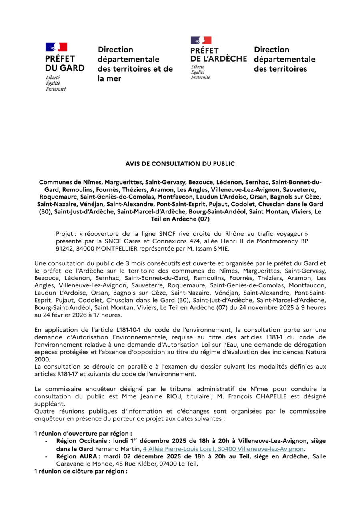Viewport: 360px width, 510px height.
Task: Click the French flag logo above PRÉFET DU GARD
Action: coord(56,47)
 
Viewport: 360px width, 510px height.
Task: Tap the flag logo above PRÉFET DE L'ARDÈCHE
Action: coord(201,40)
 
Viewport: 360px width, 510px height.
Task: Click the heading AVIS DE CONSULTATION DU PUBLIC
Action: coord(180,163)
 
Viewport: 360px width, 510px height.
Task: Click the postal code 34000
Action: coord(78,248)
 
